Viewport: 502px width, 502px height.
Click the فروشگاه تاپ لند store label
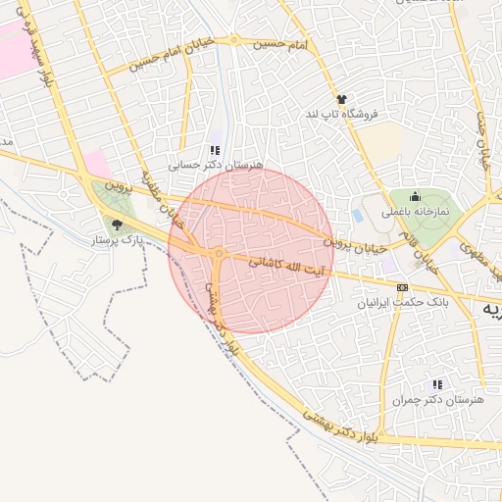click(x=341, y=114)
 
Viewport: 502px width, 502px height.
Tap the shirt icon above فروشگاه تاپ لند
click(x=341, y=99)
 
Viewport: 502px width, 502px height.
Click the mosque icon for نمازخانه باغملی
click(x=415, y=196)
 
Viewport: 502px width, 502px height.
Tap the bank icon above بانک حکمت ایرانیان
click(x=401, y=287)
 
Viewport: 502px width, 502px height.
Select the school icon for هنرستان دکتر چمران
click(x=437, y=383)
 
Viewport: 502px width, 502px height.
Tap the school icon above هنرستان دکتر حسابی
click(x=215, y=150)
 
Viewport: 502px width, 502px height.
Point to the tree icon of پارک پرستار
click(x=118, y=225)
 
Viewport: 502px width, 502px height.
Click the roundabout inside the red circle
click(x=220, y=254)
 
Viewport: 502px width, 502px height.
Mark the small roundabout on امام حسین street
click(x=233, y=41)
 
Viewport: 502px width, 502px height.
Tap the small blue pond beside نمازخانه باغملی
click(x=356, y=215)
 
